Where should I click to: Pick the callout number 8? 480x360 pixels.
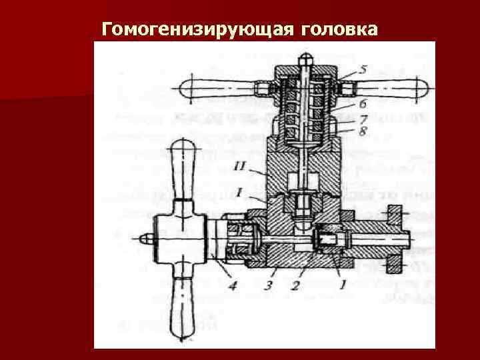pos(363,131)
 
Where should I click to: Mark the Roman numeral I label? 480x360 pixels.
pos(239,192)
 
